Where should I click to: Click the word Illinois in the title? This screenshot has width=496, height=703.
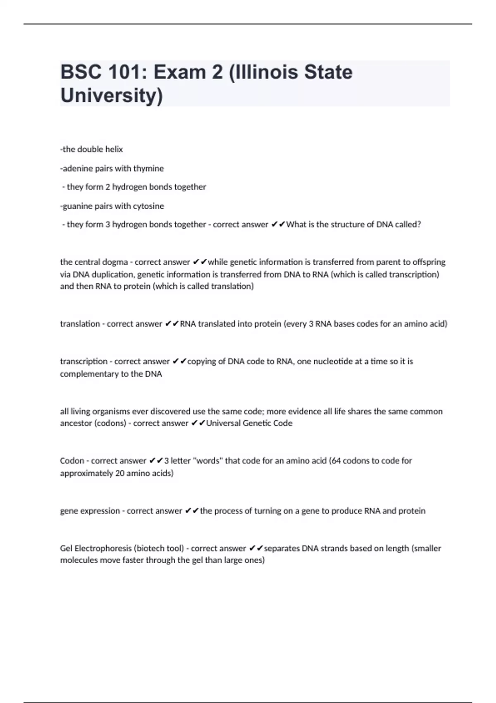pyautogui.click(x=264, y=72)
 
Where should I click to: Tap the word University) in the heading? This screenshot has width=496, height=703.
pyautogui.click(x=112, y=96)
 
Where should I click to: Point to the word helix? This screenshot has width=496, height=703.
pyautogui.click(x=114, y=149)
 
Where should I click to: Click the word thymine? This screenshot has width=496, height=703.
pyautogui.click(x=148, y=168)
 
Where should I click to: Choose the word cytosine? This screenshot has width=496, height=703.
pyautogui.click(x=148, y=206)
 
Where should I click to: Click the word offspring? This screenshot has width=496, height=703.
pyautogui.click(x=429, y=262)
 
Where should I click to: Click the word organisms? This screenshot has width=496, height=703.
pyautogui.click(x=111, y=411)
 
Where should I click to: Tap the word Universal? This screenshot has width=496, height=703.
pyautogui.click(x=223, y=423)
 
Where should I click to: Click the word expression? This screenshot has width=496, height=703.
pyautogui.click(x=100, y=511)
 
